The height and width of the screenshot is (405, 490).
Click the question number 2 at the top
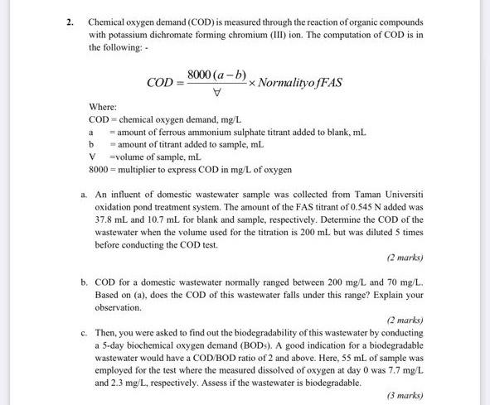pyautogui.click(x=72, y=21)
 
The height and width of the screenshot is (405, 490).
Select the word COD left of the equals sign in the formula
pyautogui.click(x=159, y=84)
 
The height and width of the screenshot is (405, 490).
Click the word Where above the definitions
pyautogui.click(x=103, y=108)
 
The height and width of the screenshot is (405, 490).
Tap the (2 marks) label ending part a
pyautogui.click(x=404, y=258)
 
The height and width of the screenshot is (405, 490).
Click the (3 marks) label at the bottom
pyautogui.click(x=404, y=395)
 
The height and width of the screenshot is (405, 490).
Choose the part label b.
pyautogui.click(x=85, y=282)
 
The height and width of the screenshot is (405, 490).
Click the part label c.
pyautogui.click(x=85, y=331)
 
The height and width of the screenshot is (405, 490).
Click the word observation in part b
pyautogui.click(x=118, y=307)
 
